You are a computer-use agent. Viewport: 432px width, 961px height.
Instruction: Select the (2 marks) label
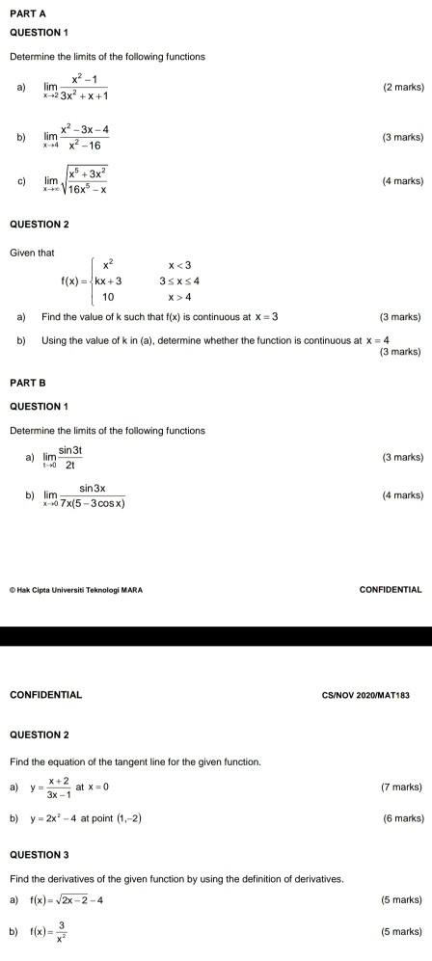[x=402, y=87]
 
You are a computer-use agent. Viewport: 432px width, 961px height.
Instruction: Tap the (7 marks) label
[x=402, y=787]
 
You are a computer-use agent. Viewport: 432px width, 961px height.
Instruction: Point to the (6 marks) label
[x=402, y=818]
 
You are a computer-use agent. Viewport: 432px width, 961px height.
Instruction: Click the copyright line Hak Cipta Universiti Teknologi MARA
[x=76, y=589]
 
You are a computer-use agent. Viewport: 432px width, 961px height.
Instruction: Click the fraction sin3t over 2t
[x=70, y=457]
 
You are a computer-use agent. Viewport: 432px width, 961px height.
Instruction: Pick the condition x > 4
[x=180, y=297]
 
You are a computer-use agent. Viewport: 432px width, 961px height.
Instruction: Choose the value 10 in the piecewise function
[x=108, y=297]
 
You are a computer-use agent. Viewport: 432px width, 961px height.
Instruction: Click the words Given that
[x=32, y=253]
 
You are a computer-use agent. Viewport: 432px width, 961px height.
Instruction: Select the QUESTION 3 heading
[x=40, y=854]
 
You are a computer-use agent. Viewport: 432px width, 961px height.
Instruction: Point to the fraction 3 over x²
[x=61, y=933]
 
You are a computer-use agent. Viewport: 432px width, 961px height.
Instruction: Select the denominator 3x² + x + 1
[x=83, y=95]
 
